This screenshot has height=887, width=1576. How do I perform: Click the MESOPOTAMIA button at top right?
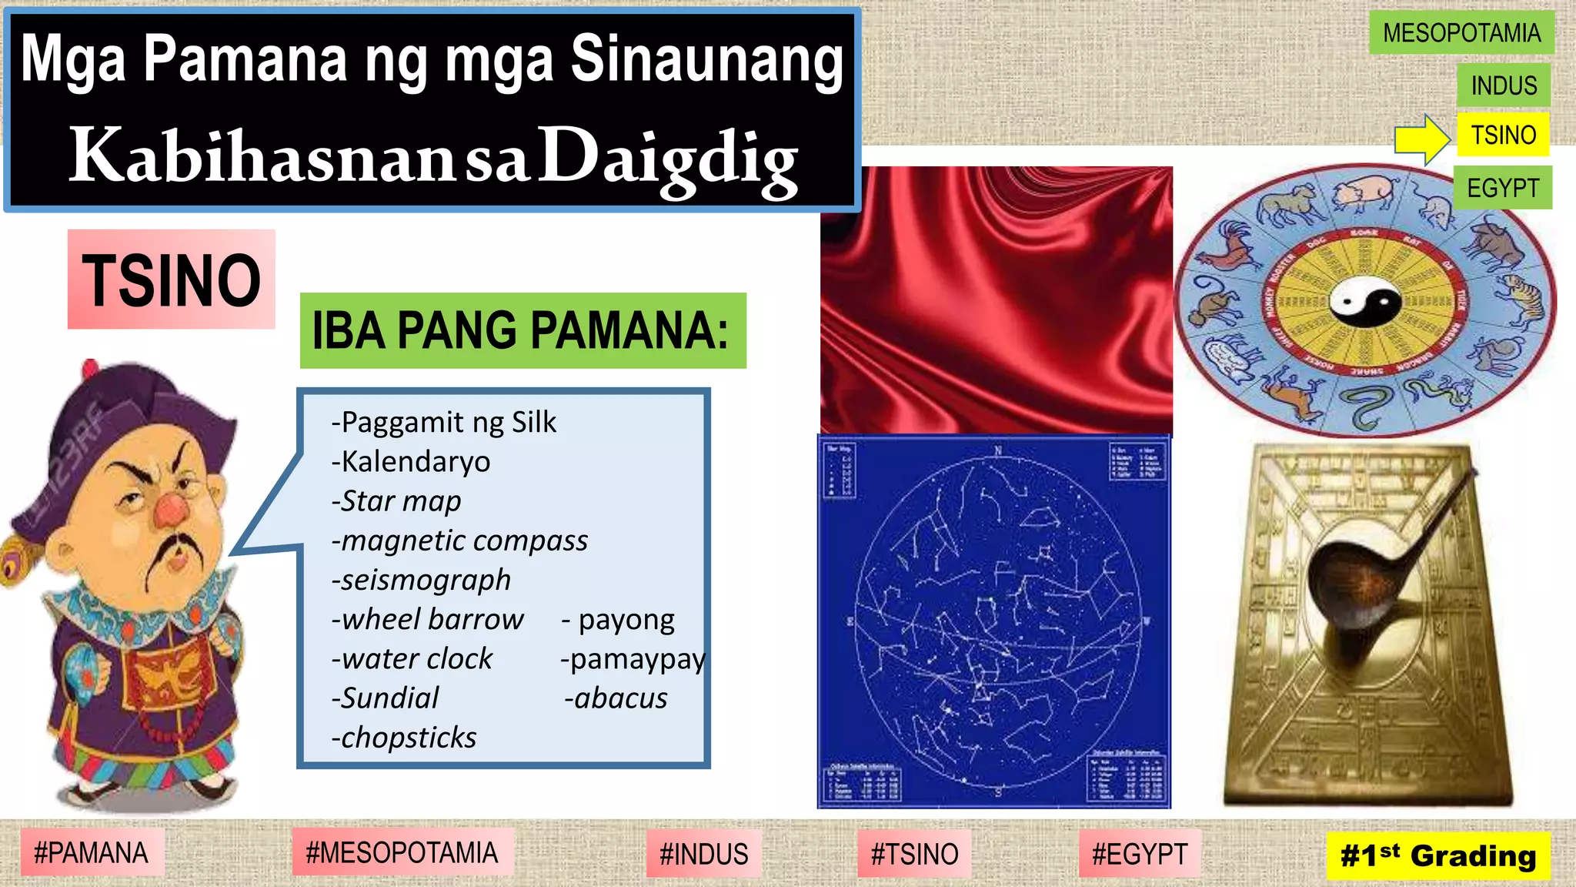point(1461,32)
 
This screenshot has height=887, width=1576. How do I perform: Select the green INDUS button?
point(1503,85)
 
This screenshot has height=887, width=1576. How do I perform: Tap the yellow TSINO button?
point(1502,135)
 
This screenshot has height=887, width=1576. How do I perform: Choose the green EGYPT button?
point(1502,188)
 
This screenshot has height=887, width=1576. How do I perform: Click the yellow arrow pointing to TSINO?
point(1422,139)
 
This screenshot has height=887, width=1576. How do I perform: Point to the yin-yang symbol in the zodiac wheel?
point(1365,301)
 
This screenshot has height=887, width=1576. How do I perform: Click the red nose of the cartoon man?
point(171,509)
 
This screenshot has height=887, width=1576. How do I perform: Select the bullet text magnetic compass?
point(459,541)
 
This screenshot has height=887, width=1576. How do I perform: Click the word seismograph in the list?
point(422,580)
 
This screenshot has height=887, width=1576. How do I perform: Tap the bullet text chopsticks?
point(404,738)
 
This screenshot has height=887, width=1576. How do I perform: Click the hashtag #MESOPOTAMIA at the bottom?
point(402,853)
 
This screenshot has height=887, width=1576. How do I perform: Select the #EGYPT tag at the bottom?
point(1140,854)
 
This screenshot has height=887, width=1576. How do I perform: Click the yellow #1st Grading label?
point(1437,855)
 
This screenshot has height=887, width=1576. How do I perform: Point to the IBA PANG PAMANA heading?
point(522,330)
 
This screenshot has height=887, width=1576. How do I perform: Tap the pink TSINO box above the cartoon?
point(171,279)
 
